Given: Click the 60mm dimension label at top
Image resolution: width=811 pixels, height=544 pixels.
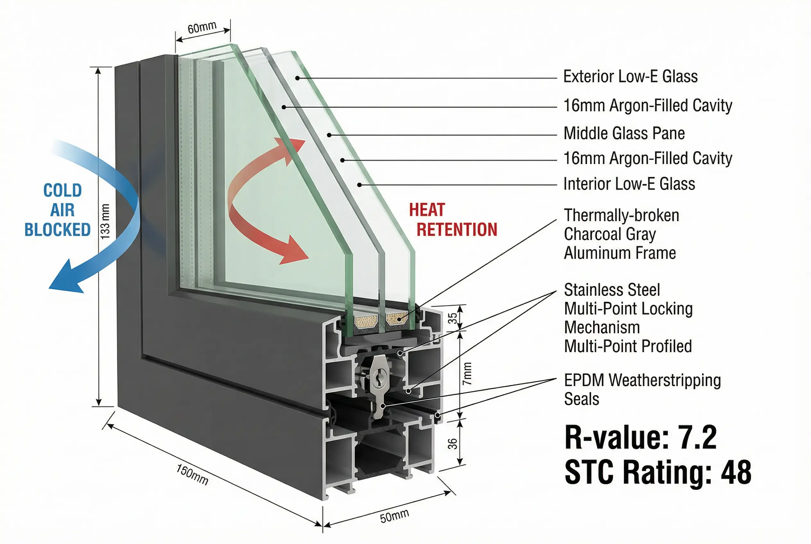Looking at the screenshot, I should (202, 27).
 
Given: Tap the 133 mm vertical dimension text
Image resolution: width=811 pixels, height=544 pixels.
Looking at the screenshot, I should (105, 221).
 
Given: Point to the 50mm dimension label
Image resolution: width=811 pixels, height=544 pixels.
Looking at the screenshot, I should (394, 516).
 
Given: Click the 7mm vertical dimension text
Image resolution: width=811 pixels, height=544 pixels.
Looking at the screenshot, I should (467, 373).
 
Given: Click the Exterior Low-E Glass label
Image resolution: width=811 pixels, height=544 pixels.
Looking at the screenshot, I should (630, 77).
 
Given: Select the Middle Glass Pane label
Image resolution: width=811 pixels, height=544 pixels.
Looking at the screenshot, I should (624, 133).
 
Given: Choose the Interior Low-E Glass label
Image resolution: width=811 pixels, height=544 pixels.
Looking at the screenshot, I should (629, 184).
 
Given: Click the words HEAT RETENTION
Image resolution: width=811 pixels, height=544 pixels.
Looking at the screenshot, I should (453, 220).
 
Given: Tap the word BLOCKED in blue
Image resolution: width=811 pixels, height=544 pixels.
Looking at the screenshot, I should (58, 230).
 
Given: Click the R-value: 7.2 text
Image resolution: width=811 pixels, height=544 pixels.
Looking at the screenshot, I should (640, 438).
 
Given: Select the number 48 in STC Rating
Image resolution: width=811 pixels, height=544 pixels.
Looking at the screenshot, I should (736, 472).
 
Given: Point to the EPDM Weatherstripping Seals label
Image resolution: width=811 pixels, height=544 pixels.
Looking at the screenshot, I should (642, 389).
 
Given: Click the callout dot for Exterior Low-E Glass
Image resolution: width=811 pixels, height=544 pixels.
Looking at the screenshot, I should (297, 78).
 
